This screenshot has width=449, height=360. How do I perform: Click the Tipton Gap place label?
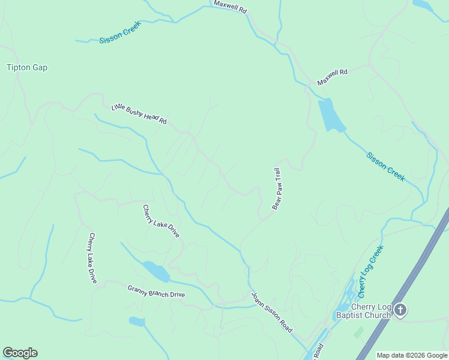coord(27,68)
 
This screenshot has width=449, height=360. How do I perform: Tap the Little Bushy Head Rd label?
coord(139,114)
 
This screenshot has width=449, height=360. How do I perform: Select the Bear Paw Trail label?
coord(277,188)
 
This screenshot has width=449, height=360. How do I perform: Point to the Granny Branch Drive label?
coord(156,291)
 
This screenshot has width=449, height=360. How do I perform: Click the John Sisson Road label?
coord(271,313)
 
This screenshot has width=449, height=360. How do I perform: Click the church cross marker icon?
coord(400,310)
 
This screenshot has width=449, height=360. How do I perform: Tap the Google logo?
coord(20,353)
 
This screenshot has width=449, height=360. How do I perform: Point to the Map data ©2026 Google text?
coord(412,355)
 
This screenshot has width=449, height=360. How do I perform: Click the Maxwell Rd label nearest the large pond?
coord(333,76)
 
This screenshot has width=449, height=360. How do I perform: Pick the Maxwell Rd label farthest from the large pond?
coord(230,7)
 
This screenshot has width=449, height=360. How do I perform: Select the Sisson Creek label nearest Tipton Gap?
coord(119,35)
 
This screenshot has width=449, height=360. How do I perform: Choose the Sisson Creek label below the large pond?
coord(385,166)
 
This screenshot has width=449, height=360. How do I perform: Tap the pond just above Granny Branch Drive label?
coord(156,271)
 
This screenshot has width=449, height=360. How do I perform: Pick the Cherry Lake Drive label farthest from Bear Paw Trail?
coord(92,258)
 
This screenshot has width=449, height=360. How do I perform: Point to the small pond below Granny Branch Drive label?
coord(137,322)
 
